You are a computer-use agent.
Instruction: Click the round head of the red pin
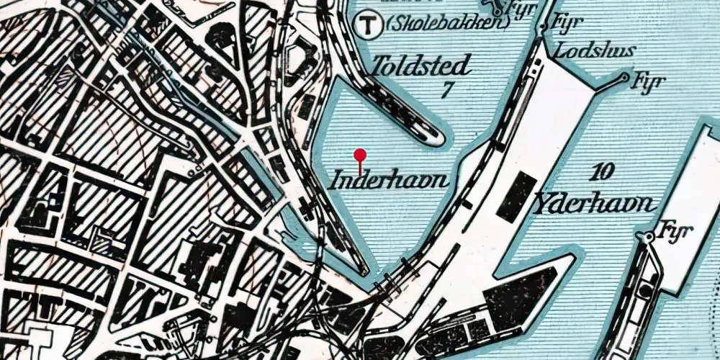pyautogui.click(x=360, y=154)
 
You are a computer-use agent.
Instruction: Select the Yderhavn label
pyautogui.click(x=594, y=204)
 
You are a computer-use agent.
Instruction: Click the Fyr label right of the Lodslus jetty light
pyautogui.click(x=647, y=81)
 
